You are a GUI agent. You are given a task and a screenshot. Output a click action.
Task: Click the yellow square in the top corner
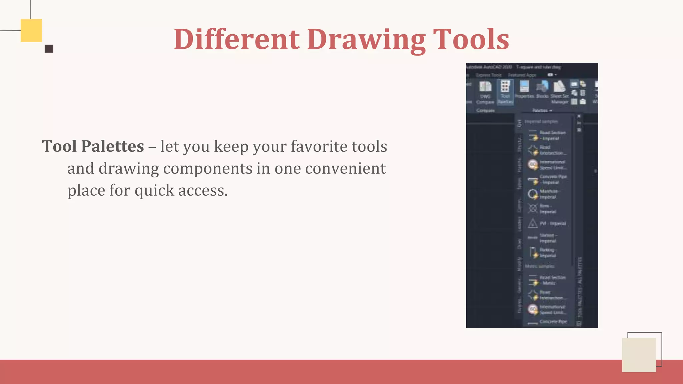coord(31,30)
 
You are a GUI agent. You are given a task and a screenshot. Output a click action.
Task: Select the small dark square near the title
coord(49,49)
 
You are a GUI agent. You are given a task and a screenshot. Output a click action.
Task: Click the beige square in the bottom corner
coord(639,355)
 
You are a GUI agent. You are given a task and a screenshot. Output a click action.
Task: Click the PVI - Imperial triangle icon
coord(533,223)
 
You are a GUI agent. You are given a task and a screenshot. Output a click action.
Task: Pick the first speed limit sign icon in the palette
coord(533,164)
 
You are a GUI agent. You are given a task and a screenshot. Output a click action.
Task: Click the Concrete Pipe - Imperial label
coord(553,179)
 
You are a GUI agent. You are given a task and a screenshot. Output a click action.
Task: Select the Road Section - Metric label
coord(553,280)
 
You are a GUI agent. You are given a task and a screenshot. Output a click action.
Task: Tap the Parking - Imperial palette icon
coord(533,252)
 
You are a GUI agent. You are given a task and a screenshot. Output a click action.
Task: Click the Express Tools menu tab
coord(489,75)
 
